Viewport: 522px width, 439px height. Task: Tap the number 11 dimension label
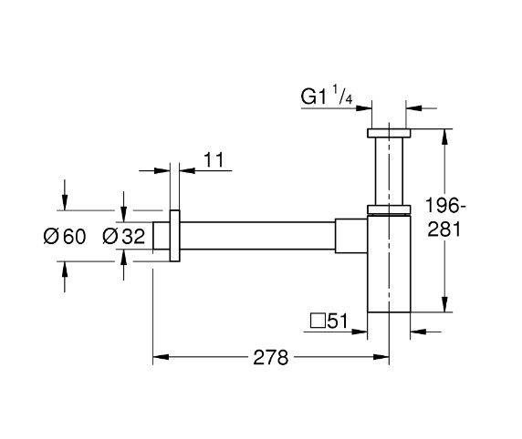[x=214, y=160]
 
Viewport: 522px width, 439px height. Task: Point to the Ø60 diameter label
[x=64, y=237]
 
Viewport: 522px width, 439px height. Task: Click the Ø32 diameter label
[x=124, y=237]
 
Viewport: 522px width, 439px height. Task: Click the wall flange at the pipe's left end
[x=174, y=238]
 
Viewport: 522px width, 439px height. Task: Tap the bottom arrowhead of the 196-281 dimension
[x=444, y=307]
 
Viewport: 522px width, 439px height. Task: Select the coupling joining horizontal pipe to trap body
[x=351, y=238]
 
